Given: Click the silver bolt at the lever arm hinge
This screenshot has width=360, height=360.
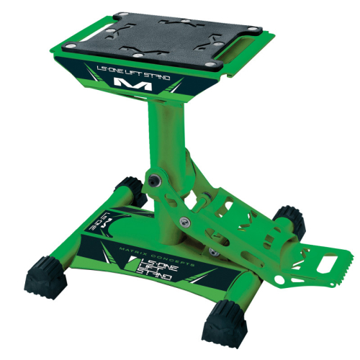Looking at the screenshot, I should pos(186,222).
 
